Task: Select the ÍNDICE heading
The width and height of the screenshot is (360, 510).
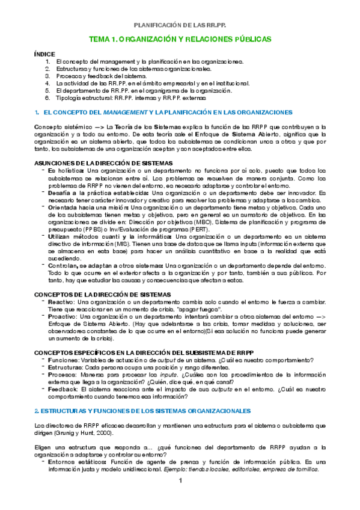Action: coord(45,54)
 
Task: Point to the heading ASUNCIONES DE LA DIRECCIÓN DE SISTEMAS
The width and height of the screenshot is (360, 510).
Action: coord(104,164)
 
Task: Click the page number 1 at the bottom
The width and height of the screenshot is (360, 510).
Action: coord(180,481)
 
